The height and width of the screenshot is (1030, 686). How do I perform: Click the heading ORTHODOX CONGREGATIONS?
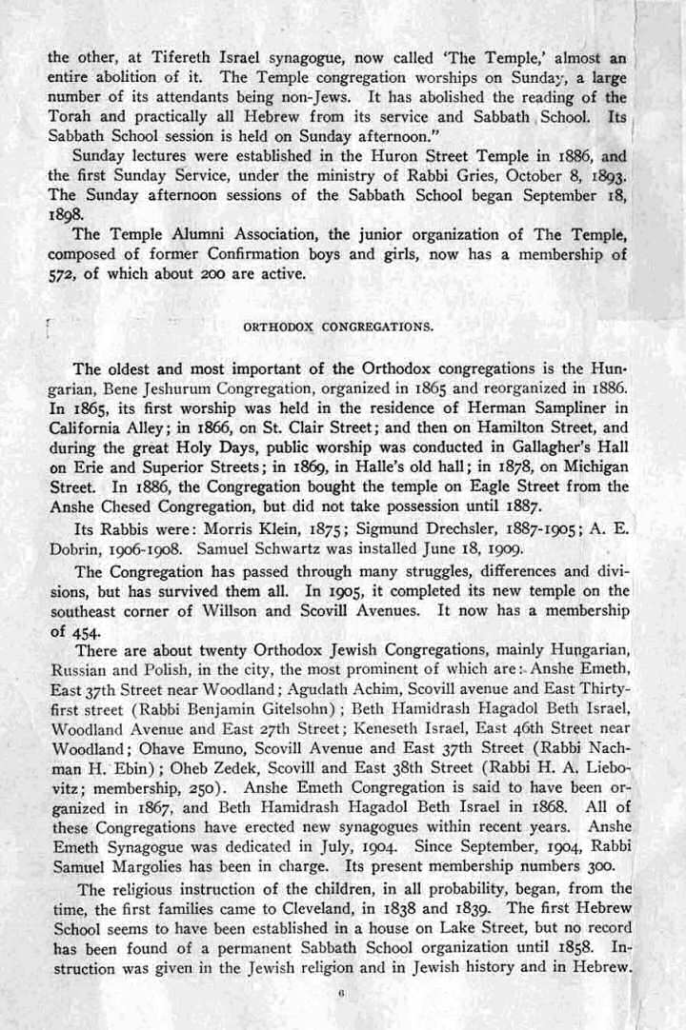pos(339,326)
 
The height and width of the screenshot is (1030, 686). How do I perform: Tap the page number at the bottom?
pos(340,990)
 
